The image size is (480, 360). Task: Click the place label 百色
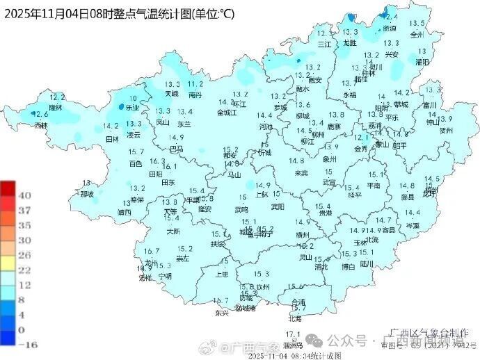point(136,164)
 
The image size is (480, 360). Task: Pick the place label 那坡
point(86,195)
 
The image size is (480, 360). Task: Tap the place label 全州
point(417,33)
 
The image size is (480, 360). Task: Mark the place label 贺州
point(447,129)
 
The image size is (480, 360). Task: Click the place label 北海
point(295,318)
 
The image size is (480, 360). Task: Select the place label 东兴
point(221,313)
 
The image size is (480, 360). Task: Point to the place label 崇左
point(183,259)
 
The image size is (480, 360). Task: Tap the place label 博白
point(349,266)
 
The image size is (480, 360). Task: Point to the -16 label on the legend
point(26,343)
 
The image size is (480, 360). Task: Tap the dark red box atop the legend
point(8,188)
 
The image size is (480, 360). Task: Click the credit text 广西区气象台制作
point(429,333)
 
